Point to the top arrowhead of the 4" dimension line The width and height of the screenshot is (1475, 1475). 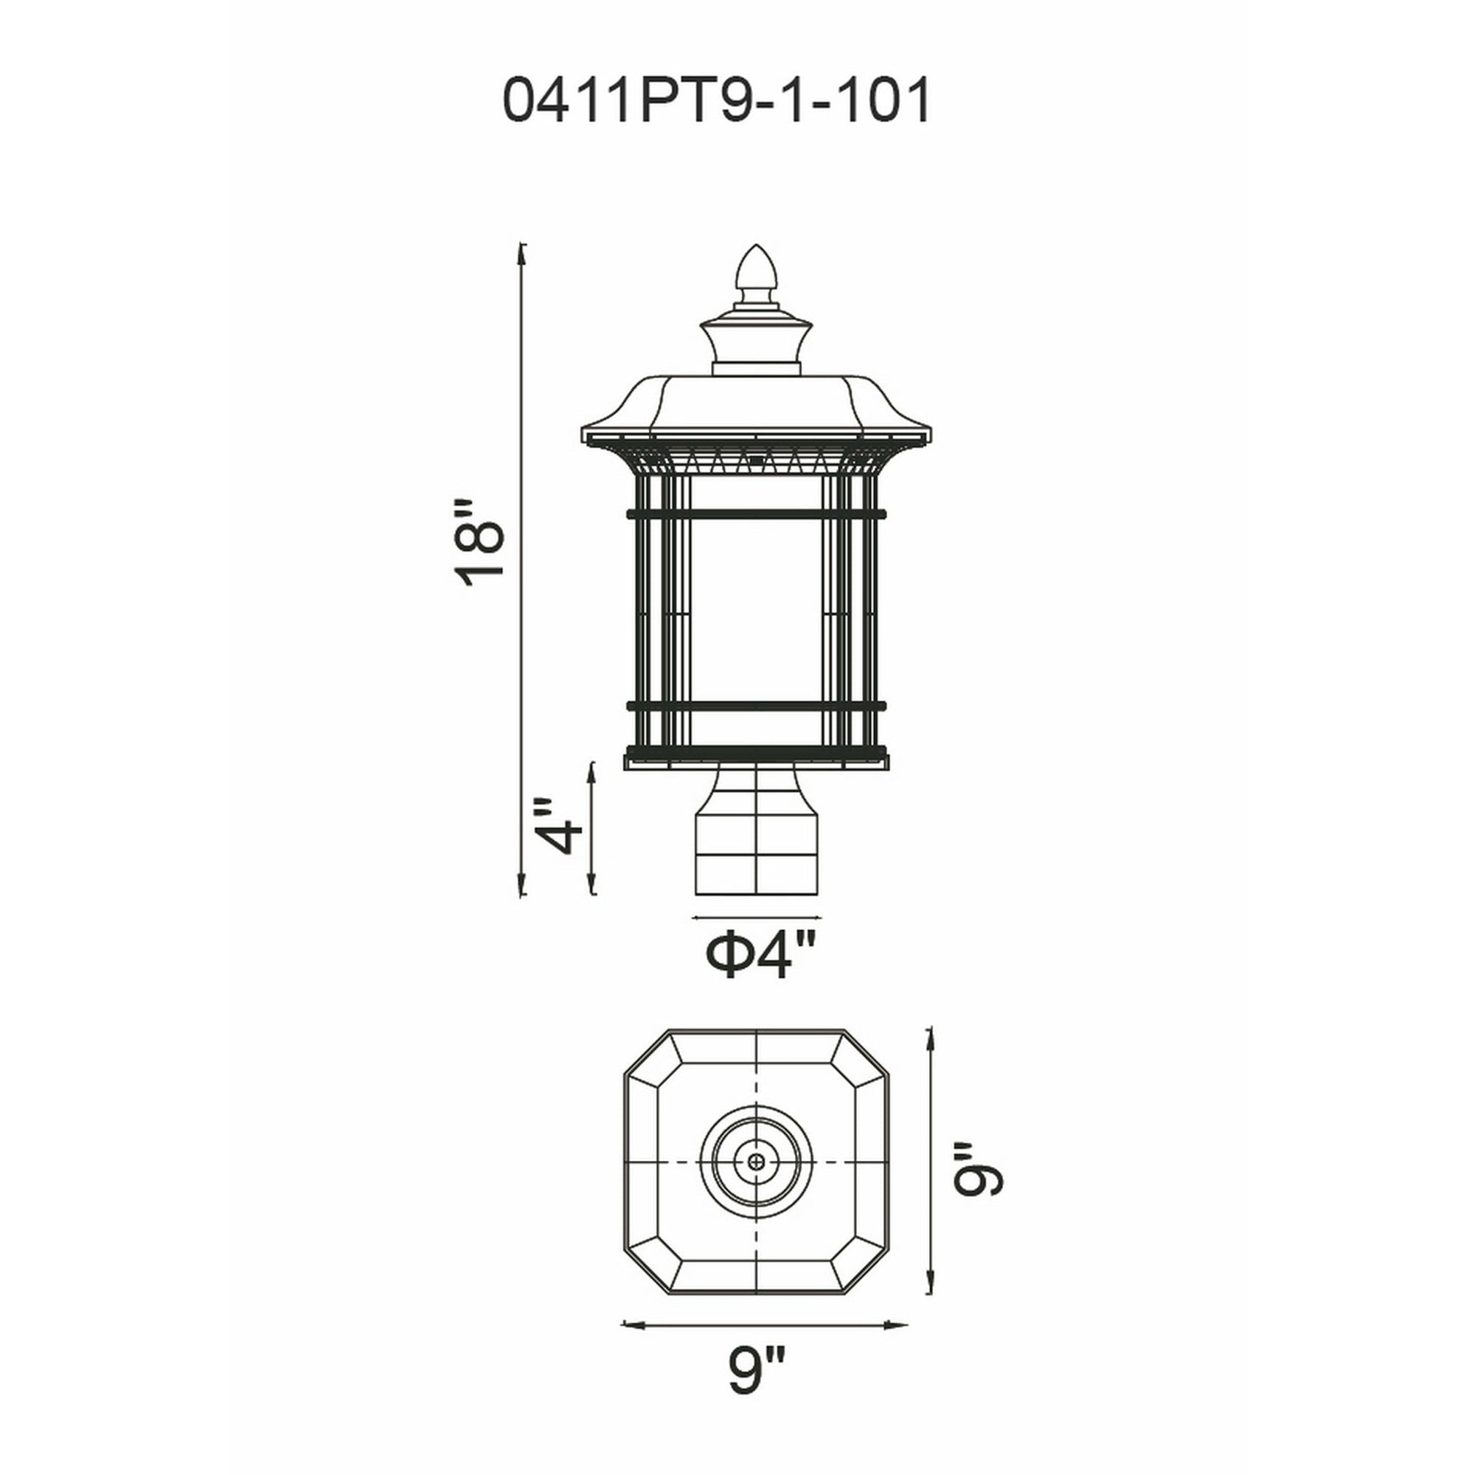click(x=591, y=766)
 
